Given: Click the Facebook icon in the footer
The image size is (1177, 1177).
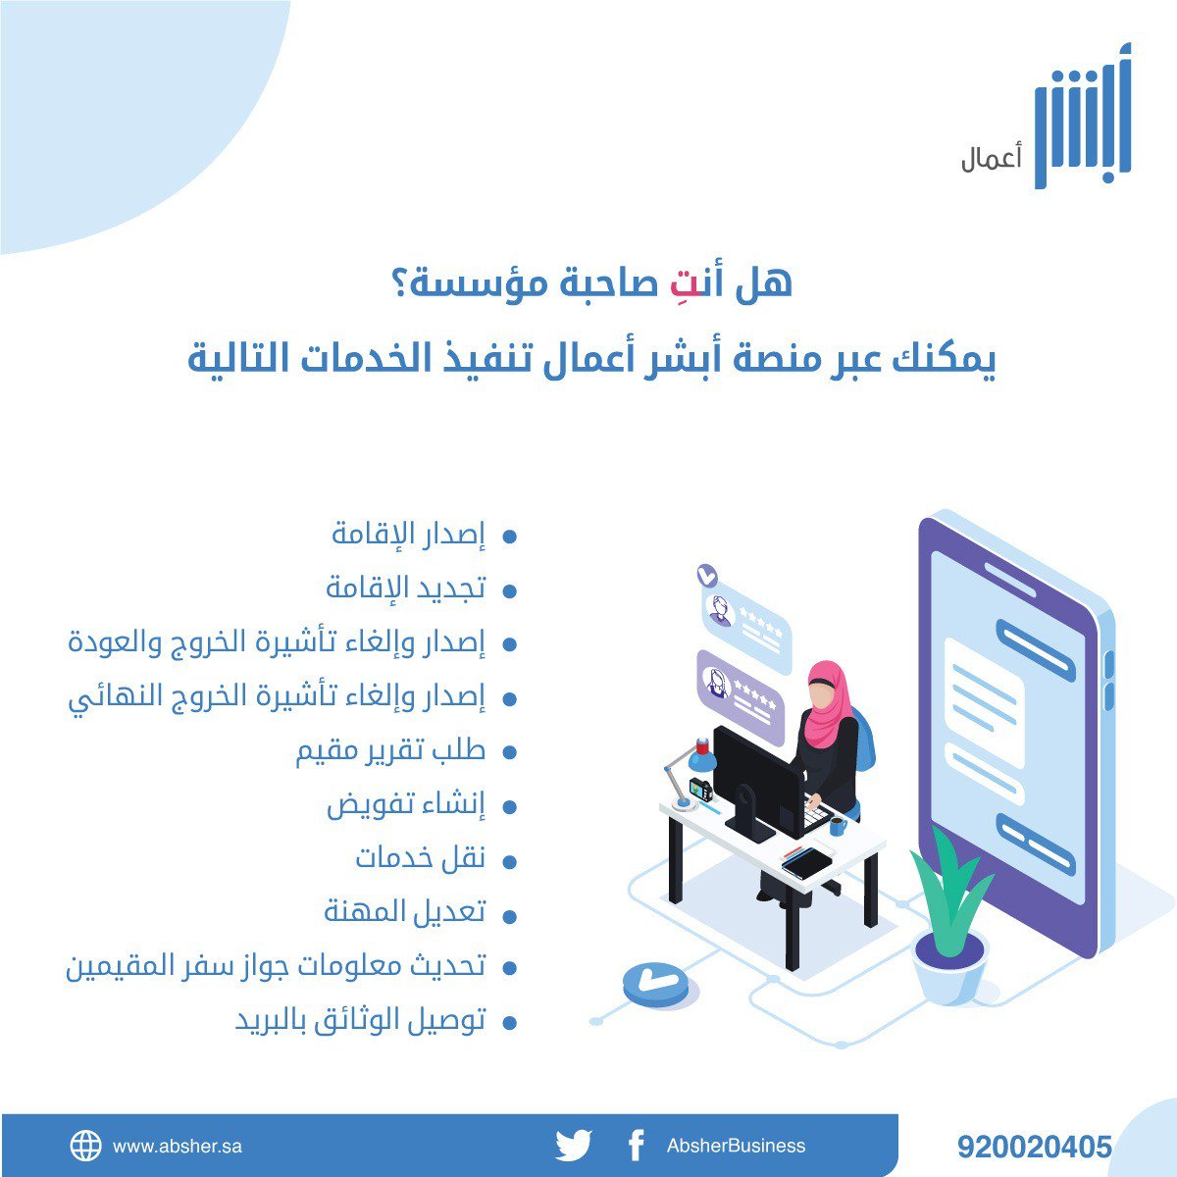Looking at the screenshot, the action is [636, 1145].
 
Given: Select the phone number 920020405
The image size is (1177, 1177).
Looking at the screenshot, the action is [1035, 1147].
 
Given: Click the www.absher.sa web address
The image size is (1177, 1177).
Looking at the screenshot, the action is [178, 1146].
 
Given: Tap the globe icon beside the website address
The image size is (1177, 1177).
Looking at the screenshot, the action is [85, 1146].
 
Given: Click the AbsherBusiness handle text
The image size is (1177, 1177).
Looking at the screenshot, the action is [736, 1146].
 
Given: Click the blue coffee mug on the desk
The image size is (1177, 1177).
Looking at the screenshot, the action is [838, 827].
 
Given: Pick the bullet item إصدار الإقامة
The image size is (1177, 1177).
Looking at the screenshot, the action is [408, 536].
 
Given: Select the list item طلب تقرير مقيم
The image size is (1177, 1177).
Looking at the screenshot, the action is [391, 752].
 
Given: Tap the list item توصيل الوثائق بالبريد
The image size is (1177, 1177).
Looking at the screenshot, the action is [360, 1021].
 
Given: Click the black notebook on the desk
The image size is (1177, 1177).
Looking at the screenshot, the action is [807, 863].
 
